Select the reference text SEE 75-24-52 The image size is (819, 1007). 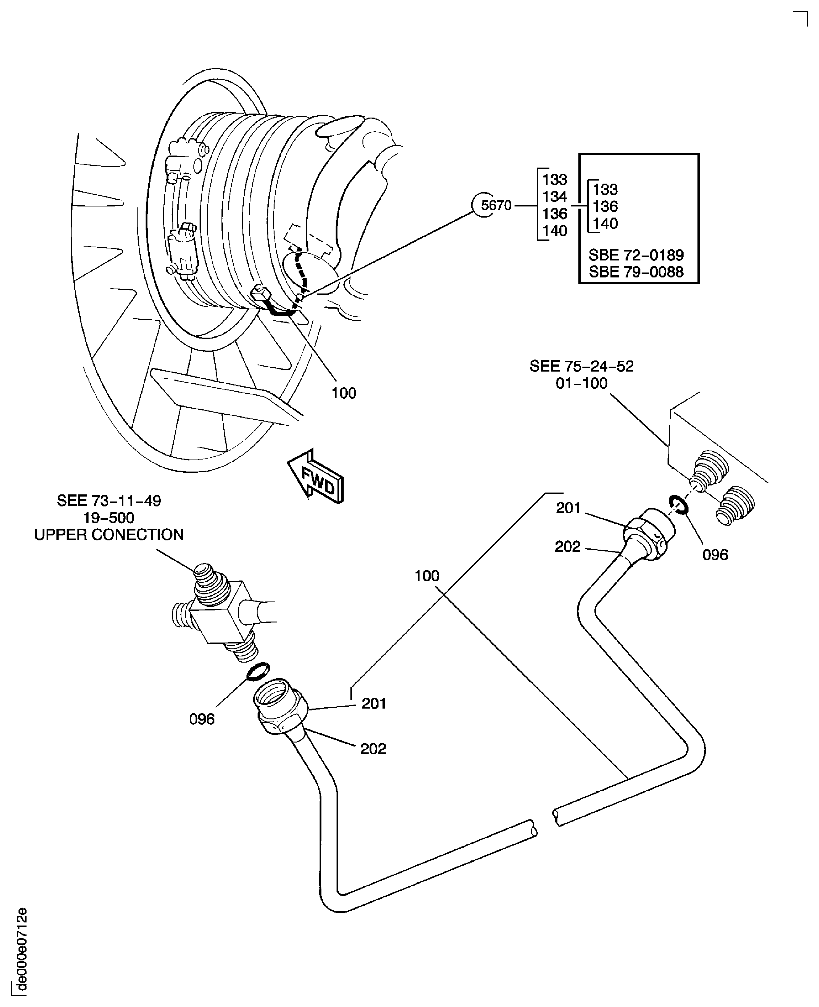[581, 366]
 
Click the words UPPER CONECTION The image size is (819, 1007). [109, 535]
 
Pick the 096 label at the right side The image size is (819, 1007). [715, 555]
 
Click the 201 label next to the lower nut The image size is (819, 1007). [374, 704]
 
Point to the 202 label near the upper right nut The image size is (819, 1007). [568, 547]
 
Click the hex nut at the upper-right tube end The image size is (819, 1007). [649, 533]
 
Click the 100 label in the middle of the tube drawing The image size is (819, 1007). [427, 576]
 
